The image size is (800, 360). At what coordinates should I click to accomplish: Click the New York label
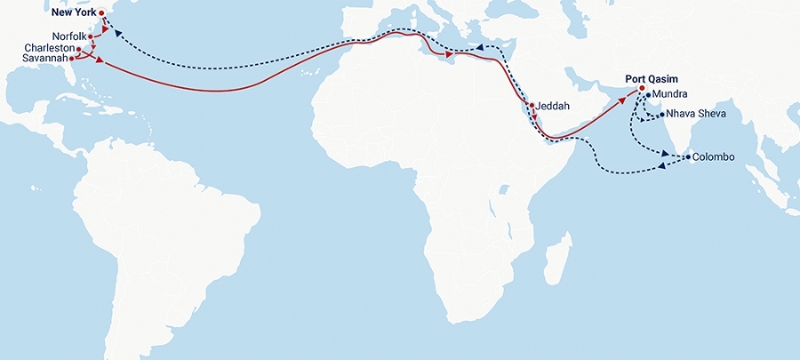[x=74, y=13]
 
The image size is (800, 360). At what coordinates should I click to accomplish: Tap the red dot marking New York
[x=101, y=13]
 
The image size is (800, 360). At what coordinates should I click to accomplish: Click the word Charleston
[x=49, y=48]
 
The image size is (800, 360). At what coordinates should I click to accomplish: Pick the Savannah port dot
[x=71, y=58]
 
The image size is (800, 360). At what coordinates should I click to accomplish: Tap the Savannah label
[x=44, y=58]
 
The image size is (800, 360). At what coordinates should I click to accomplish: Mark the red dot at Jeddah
[x=532, y=106]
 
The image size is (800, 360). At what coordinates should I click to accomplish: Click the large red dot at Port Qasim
[x=641, y=88]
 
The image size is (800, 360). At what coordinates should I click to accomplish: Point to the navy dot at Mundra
[x=649, y=94]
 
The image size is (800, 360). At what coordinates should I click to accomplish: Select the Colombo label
[x=713, y=156]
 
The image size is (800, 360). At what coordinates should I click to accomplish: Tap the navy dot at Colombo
[x=686, y=157]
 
